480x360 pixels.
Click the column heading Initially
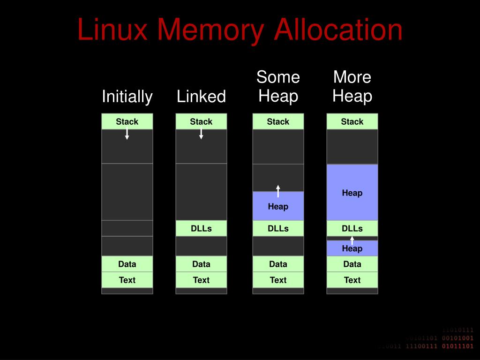point(127,97)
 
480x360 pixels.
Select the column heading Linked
point(201,97)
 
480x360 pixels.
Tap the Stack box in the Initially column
point(127,121)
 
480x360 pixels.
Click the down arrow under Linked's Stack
point(201,134)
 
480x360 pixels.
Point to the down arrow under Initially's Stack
point(127,134)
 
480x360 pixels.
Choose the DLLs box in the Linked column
point(201,228)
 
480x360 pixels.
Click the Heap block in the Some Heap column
point(278,206)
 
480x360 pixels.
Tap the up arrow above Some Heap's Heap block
point(278,191)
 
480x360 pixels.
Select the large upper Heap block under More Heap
point(352,193)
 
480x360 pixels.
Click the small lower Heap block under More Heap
point(352,249)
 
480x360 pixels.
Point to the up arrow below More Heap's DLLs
point(352,240)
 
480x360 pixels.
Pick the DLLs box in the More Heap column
point(352,228)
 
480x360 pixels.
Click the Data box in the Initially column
point(127,264)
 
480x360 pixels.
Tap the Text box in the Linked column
point(201,280)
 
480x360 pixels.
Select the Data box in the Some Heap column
point(278,264)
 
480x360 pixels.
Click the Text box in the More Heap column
point(352,280)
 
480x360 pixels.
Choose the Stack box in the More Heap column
point(352,121)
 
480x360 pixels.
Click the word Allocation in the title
point(338,30)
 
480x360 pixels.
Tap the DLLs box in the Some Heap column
point(278,228)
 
